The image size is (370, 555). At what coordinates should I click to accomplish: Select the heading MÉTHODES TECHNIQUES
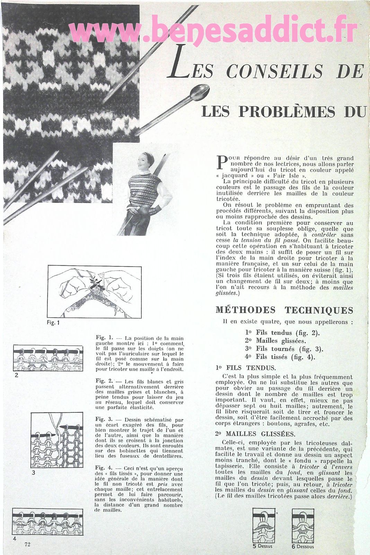[x=284, y=310]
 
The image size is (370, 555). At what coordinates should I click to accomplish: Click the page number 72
[x=27, y=544]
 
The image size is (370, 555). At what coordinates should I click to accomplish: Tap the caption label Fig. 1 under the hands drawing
[x=53, y=323]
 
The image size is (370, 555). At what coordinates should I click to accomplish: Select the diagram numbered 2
[x=48, y=358]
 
